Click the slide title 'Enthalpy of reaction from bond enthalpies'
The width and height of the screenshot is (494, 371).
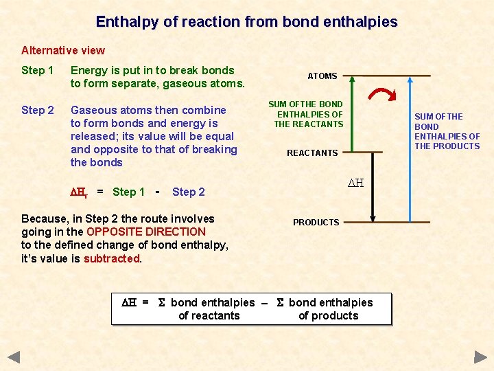point(246,22)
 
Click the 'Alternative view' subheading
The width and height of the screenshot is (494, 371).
point(63,50)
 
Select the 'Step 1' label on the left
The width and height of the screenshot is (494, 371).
point(37,70)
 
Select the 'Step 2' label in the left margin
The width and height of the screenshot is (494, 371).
point(37,110)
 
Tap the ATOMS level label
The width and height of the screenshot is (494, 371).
point(322,76)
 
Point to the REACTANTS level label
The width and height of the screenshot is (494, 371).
point(312,153)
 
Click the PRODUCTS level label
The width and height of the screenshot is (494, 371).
point(316,223)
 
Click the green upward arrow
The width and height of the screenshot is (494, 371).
point(352,113)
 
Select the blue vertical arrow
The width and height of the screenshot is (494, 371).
point(410,148)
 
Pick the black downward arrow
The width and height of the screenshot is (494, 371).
point(371,185)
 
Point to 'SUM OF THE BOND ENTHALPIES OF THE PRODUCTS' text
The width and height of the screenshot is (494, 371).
point(447,131)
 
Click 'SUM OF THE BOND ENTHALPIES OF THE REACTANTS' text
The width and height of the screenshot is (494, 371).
point(307,114)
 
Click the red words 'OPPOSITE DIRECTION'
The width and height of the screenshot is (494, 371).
point(146,232)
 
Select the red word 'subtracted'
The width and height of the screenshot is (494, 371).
point(111,259)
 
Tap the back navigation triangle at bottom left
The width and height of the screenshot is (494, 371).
point(14,357)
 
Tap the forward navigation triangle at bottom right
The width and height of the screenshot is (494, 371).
point(480,357)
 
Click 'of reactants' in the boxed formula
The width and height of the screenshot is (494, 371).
point(209,316)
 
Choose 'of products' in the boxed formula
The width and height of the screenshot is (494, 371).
point(328,316)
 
